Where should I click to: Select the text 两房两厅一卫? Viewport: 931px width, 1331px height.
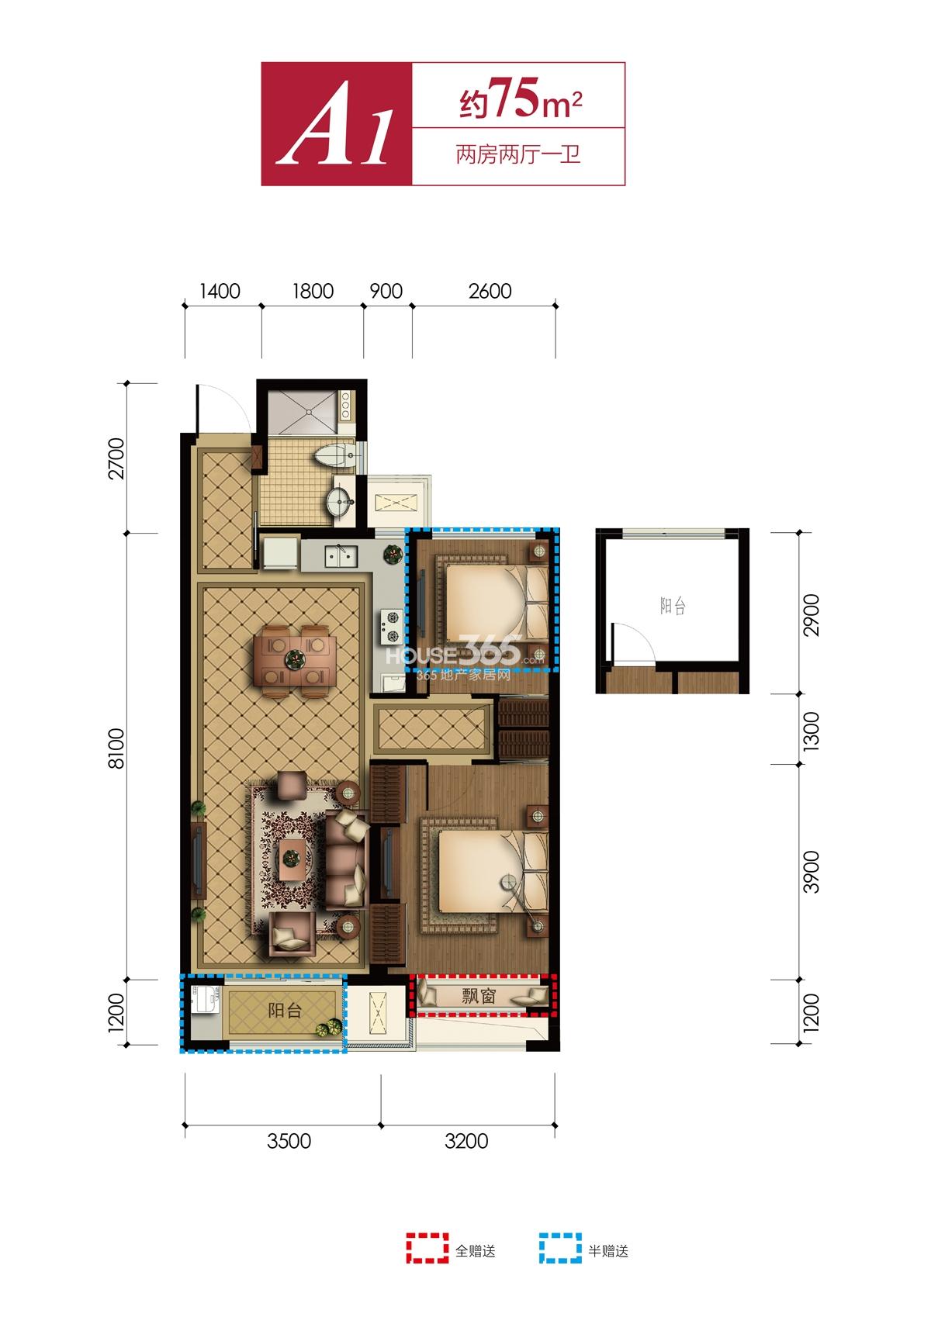coord(517,155)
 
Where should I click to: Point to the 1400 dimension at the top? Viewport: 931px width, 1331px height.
coord(221,291)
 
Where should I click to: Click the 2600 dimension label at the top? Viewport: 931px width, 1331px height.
coord(490,291)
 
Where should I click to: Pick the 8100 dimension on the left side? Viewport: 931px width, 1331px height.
coord(118,753)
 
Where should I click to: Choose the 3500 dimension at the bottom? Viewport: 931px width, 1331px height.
coord(289,1141)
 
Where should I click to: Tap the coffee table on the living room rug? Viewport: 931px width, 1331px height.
coord(291,859)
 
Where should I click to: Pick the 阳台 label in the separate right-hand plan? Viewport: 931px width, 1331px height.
coord(673,607)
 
